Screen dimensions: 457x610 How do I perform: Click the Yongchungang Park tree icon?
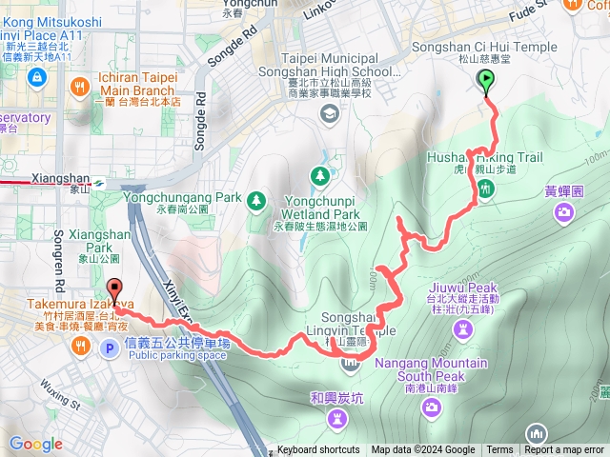255,200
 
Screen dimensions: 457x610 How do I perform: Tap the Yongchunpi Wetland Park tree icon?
319,175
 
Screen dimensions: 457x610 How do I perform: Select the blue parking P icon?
109,349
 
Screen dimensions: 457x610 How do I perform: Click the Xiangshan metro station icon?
98,177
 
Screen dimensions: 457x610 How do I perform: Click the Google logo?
35,445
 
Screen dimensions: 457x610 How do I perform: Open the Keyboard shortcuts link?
318,450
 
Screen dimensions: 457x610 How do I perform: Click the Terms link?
499,450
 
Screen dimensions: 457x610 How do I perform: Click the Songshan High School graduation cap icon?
330,114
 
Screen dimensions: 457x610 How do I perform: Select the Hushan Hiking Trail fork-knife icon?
485,190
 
